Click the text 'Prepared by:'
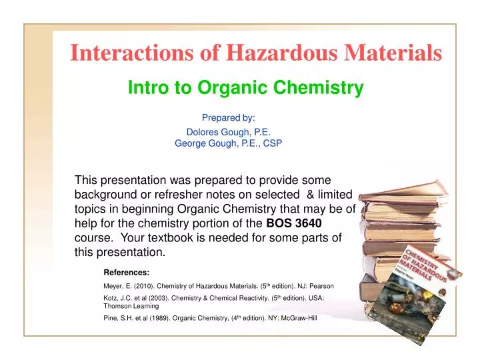[228, 117]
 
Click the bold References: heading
[127, 272]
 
